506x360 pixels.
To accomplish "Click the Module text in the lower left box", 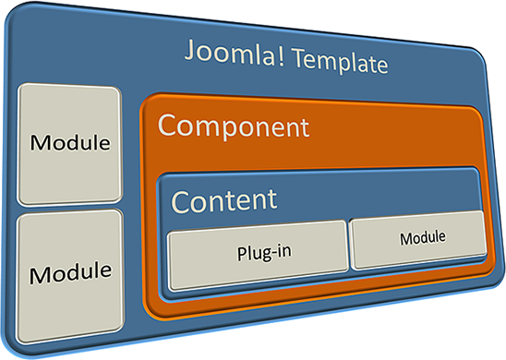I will coord(70,272).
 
